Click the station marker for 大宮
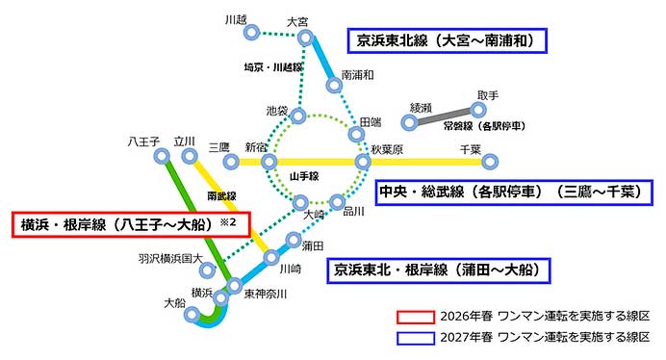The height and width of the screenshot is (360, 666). [305, 39]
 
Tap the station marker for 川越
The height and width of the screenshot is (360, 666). [252, 33]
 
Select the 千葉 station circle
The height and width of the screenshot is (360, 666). [490, 161]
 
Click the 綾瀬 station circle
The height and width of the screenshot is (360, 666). [410, 122]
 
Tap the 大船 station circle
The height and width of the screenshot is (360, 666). [192, 314]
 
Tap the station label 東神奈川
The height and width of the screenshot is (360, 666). [265, 294]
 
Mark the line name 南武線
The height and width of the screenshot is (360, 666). [221, 195]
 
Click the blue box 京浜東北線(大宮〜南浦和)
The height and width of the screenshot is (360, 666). [447, 40]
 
